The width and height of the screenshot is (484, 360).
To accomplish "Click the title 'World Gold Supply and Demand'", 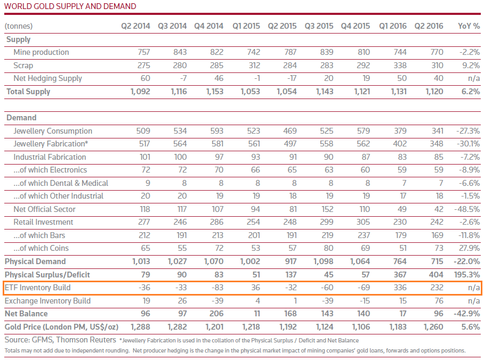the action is (x=70, y=6).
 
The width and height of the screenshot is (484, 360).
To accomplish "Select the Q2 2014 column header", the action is (x=135, y=26).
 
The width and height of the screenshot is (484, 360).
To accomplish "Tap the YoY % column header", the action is (x=469, y=26).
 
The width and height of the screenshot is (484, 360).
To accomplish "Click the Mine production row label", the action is (x=41, y=52).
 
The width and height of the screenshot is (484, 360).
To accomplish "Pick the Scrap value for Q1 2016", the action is (x=400, y=66).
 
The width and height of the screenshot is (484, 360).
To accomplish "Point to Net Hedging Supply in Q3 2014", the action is (x=183, y=78).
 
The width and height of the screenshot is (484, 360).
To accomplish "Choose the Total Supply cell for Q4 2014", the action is (x=214, y=92).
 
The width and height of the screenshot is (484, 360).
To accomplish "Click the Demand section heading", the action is (x=21, y=118).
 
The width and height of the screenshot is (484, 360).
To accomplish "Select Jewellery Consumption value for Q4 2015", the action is (x=364, y=131).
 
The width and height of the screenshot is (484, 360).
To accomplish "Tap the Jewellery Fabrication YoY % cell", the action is (x=469, y=144).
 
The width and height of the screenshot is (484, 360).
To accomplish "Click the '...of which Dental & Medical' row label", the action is (x=61, y=183).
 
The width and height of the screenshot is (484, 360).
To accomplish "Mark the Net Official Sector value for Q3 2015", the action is (x=327, y=209).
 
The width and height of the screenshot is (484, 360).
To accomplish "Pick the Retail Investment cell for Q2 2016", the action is (x=437, y=222).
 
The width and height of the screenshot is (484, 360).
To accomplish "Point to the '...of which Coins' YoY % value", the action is (x=470, y=248).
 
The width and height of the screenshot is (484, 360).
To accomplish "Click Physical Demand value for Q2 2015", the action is (x=291, y=261).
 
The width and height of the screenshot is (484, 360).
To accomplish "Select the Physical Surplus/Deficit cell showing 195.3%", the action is (x=467, y=275).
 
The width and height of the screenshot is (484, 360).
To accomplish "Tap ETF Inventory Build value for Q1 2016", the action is (x=400, y=288).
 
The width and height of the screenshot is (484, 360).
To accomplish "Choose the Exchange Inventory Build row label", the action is (x=47, y=301).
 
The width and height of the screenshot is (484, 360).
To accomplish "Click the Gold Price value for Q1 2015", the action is (x=251, y=327).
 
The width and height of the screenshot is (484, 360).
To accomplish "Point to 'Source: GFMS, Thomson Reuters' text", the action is (x=60, y=340).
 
